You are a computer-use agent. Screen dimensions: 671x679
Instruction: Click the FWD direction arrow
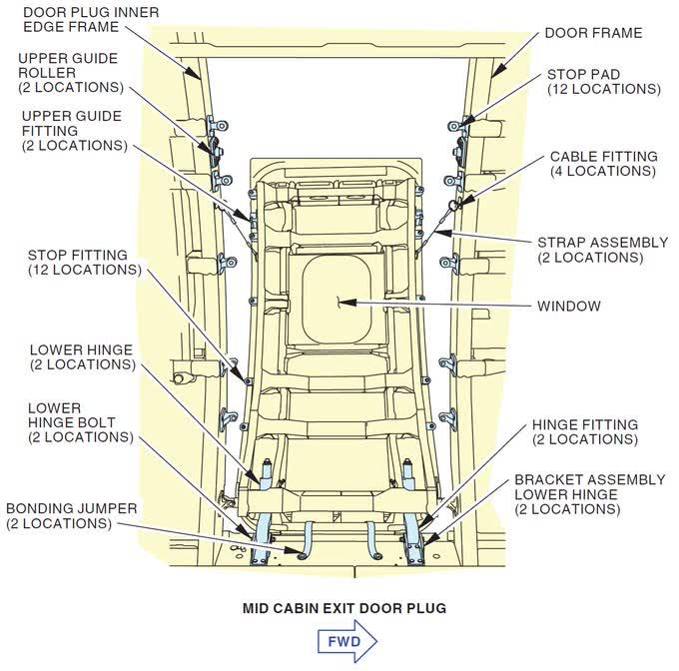point(345,640)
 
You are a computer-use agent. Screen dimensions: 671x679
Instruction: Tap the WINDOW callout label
point(569,306)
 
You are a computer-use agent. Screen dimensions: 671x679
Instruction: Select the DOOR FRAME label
point(593,33)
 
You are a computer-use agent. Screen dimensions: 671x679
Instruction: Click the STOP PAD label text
point(603,82)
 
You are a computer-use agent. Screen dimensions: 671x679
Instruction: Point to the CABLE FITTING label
point(603,164)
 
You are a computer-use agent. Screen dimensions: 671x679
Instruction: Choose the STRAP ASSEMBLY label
point(602,250)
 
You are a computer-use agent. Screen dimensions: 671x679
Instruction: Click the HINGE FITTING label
point(584,431)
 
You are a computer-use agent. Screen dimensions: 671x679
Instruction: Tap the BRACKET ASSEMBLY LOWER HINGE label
point(589,494)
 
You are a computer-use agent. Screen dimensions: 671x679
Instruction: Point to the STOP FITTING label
point(84,262)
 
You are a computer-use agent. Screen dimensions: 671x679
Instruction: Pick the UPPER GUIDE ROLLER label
point(68,72)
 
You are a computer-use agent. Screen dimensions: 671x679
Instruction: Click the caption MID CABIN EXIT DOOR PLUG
point(343,607)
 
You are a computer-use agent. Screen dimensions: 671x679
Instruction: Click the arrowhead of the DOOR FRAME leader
point(492,75)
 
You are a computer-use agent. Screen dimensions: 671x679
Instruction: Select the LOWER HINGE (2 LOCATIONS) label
point(82,357)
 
